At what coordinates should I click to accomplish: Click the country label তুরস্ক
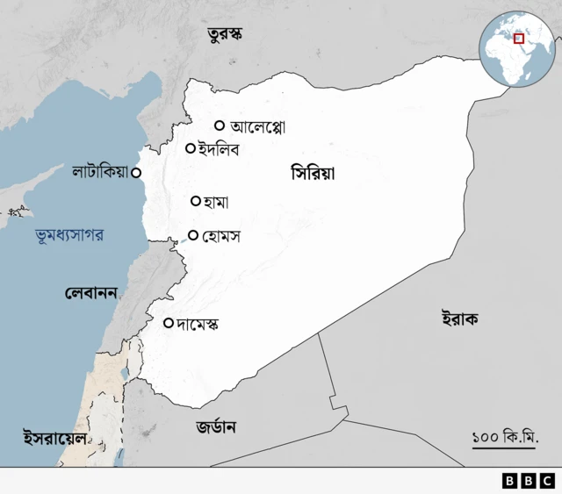(x=225, y=35)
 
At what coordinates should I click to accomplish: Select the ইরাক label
(x=459, y=319)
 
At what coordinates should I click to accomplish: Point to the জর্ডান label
(x=216, y=427)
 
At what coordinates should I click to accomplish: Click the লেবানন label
(x=91, y=292)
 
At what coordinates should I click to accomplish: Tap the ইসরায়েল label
(x=54, y=436)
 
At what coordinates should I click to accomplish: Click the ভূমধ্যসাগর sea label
(x=70, y=235)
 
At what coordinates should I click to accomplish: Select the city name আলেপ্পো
(x=257, y=126)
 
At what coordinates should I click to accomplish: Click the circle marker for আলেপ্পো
(x=220, y=125)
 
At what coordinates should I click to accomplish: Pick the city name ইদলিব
(x=219, y=149)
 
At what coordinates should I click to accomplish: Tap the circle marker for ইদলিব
(x=190, y=148)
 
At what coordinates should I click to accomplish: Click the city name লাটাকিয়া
(x=100, y=173)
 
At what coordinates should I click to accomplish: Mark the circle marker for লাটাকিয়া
(x=136, y=173)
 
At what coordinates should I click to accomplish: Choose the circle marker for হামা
(x=196, y=201)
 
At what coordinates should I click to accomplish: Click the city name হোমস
(x=220, y=236)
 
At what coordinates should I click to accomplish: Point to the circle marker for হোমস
(x=193, y=235)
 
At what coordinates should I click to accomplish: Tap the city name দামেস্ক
(x=198, y=324)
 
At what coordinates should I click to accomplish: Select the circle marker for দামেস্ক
(x=169, y=323)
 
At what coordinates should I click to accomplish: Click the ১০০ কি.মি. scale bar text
(x=505, y=435)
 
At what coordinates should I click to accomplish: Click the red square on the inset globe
(x=519, y=38)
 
